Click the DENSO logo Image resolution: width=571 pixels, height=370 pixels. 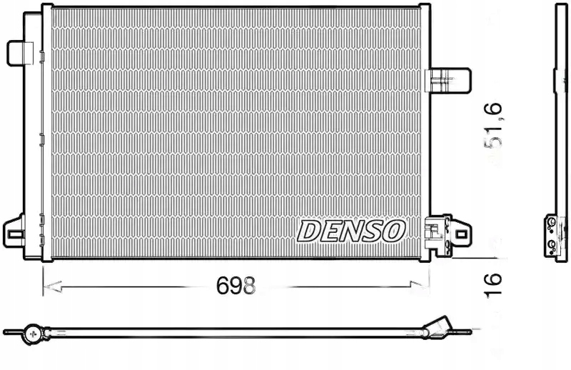(351, 230)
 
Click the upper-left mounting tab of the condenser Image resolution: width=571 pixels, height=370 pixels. (20, 51)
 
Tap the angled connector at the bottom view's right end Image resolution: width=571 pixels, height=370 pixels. (437, 328)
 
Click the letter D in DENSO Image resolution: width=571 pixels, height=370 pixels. (308, 231)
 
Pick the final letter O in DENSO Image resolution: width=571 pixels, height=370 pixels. (395, 230)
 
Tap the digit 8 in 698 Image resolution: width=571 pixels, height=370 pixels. (248, 286)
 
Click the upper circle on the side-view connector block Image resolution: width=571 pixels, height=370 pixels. (551, 224)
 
